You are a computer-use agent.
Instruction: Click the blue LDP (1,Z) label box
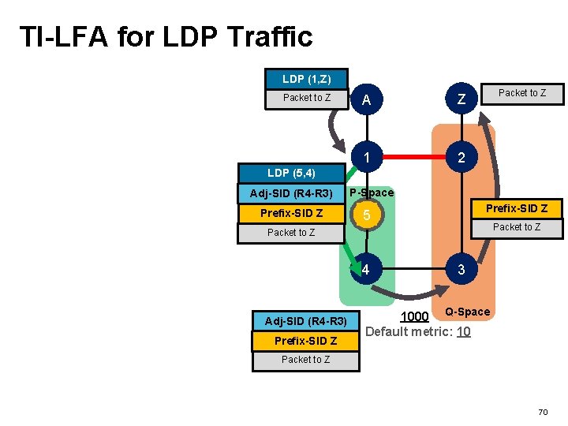(306, 79)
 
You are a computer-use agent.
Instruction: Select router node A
(366, 100)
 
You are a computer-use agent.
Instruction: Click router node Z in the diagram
(461, 100)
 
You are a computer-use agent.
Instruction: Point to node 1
(366, 158)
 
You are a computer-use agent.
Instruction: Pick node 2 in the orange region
(461, 158)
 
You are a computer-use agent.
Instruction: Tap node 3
(461, 271)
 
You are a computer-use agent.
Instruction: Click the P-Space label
(372, 193)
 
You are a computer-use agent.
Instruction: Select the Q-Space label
(467, 312)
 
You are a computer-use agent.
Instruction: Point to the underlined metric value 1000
(414, 317)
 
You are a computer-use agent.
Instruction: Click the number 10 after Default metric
(463, 331)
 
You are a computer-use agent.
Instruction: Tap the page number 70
(543, 412)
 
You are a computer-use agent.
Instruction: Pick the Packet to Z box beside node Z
(521, 93)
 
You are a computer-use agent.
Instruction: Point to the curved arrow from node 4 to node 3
(412, 293)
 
